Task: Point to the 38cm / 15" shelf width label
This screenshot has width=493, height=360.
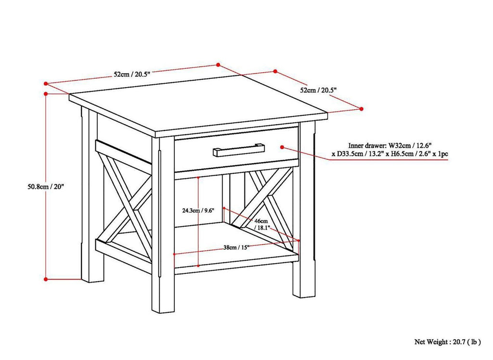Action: coord(235,247)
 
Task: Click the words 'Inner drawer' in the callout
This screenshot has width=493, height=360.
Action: coord(367,145)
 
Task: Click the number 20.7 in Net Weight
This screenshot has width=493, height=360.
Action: coord(461,342)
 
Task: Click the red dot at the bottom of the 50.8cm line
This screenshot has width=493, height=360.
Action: coord(46,278)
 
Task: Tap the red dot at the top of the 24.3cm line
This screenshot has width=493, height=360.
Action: coord(198,177)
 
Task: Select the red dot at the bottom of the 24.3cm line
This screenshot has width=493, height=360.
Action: coord(198,265)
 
